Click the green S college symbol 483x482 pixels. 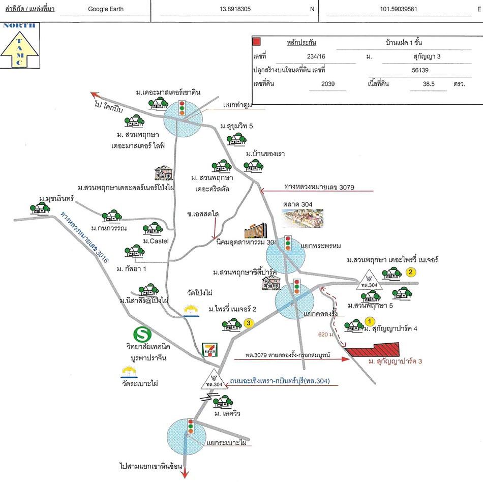[143, 335]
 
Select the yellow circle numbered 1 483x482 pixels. [370, 321]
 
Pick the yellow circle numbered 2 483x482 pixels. [411, 272]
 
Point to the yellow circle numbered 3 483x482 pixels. [249, 323]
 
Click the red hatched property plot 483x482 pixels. [374, 350]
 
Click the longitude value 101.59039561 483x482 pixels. [399, 9]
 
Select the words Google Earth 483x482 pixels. [106, 9]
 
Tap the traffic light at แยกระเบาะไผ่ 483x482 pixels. [191, 426]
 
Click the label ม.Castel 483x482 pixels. [156, 241]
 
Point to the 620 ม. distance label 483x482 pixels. [326, 335]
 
